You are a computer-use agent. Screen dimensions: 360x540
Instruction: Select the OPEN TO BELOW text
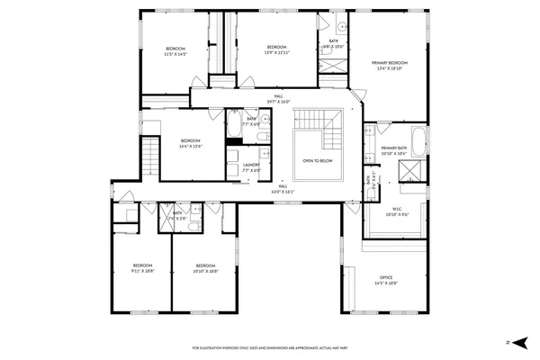pyautogui.click(x=319, y=161)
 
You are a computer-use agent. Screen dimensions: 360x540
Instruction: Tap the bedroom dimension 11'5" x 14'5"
pyautogui.click(x=175, y=54)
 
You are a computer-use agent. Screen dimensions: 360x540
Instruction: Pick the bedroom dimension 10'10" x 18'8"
pyautogui.click(x=206, y=271)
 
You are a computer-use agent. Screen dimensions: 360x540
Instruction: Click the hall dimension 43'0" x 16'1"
pyautogui.click(x=283, y=191)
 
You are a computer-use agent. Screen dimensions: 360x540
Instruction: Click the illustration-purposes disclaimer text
pyautogui.click(x=270, y=347)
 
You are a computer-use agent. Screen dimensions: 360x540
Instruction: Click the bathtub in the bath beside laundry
pyautogui.click(x=233, y=126)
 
